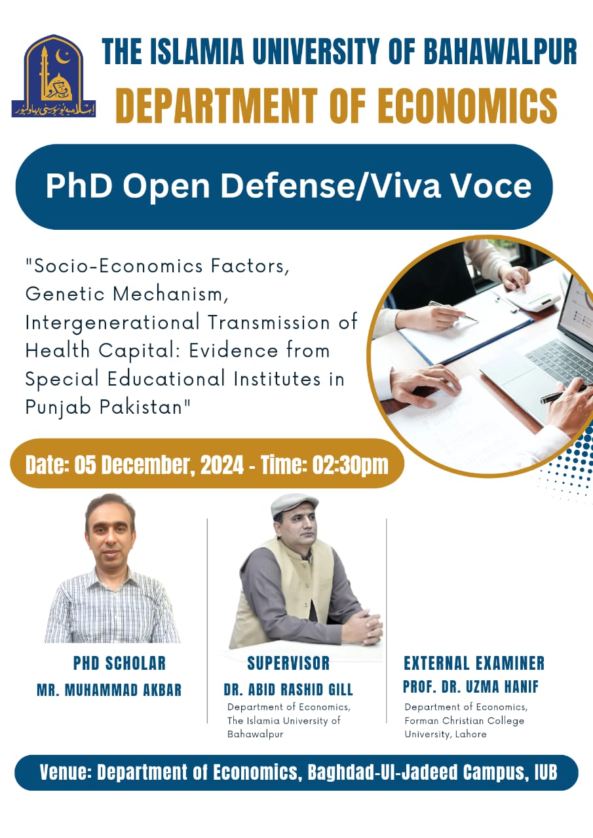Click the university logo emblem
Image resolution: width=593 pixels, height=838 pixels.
[54, 76]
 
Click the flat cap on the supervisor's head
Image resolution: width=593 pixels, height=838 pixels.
[294, 503]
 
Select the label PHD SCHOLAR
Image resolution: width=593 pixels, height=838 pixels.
[119, 663]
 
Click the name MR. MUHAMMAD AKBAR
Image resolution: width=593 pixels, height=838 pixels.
[109, 690]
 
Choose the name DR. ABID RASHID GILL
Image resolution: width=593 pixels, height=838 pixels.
[288, 689]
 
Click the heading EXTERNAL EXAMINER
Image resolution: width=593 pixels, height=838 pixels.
[474, 663]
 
